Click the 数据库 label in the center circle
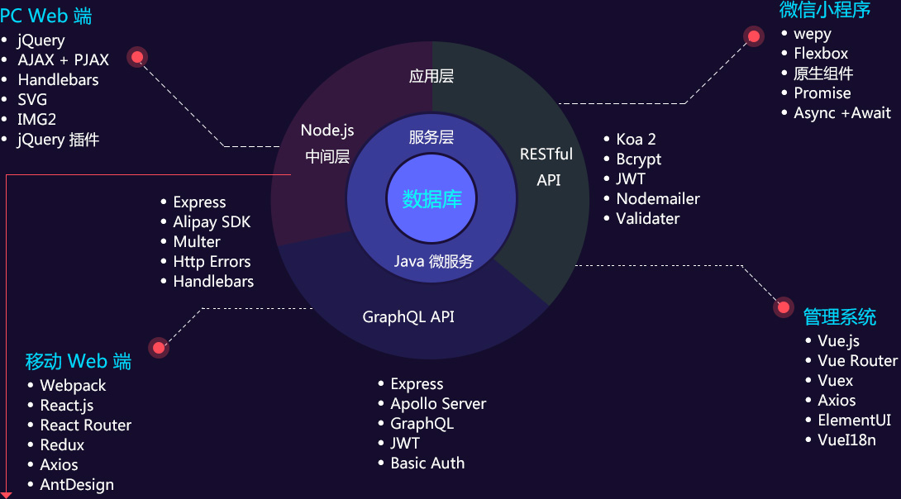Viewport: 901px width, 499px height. coord(432,199)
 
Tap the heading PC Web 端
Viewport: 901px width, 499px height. coord(46,16)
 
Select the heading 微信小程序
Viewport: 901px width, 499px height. coord(825,10)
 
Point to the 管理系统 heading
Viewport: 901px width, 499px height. coord(840,316)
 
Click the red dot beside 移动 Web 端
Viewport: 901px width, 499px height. coord(158,348)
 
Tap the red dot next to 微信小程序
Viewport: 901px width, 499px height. coord(754,36)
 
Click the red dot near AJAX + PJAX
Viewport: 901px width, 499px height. coord(137,57)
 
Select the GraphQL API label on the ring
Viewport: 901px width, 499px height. coord(408,317)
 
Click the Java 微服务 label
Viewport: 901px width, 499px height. coord(433,262)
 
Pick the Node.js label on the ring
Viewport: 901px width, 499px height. coord(327,131)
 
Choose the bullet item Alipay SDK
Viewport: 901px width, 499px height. coord(212,222)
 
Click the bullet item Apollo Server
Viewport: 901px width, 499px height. coord(438,404)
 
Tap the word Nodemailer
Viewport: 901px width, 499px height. coord(658,199)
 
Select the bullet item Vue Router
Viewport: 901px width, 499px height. coord(857,361)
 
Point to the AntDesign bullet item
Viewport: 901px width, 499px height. coord(77,485)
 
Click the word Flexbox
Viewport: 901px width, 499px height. coord(821,54)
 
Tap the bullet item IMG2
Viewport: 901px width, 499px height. coord(37,120)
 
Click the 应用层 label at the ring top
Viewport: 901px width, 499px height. coord(431,77)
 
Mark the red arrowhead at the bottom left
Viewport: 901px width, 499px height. coord(7,494)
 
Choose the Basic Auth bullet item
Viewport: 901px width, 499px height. coord(427,463)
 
